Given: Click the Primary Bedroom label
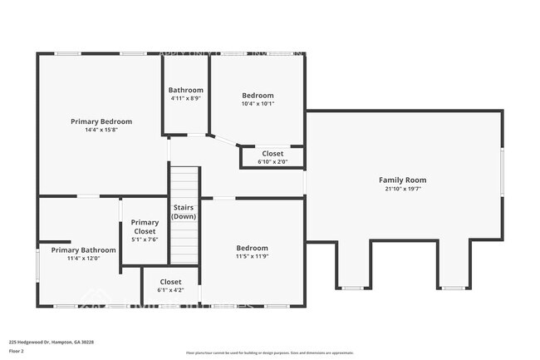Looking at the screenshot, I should [x=101, y=121].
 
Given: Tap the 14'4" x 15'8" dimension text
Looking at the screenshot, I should [x=101, y=131].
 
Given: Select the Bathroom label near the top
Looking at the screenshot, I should [x=185, y=90].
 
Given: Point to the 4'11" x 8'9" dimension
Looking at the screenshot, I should [x=185, y=99].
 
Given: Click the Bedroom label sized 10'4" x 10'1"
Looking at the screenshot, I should [x=258, y=95].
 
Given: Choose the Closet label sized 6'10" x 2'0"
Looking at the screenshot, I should [x=272, y=153].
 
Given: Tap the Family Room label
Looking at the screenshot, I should [x=402, y=180].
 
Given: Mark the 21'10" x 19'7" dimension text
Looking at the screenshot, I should [x=402, y=189].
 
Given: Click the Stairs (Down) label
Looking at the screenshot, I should [x=183, y=211].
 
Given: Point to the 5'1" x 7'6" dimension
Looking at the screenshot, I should [x=145, y=239].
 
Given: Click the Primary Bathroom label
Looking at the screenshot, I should [x=83, y=249].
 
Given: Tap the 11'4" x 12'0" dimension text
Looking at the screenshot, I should [x=83, y=259].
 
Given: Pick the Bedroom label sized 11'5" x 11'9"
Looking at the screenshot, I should [x=252, y=248].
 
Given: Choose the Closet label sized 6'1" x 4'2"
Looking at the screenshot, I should [x=170, y=281].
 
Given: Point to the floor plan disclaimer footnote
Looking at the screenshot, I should [x=269, y=353].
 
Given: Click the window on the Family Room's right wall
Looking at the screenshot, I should [x=502, y=172].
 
